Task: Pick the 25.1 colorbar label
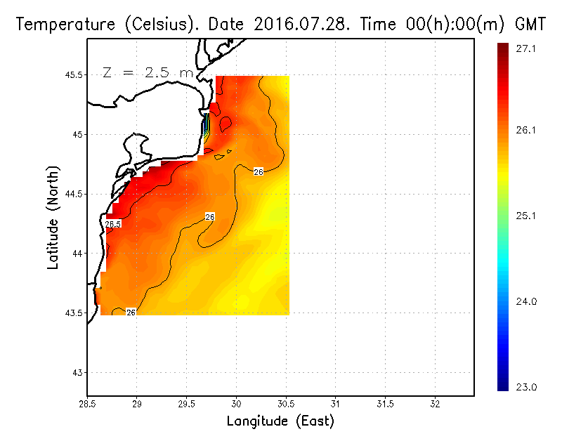point(526,216)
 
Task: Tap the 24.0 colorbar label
point(526,301)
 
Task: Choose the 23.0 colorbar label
point(526,386)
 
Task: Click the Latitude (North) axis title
point(53,218)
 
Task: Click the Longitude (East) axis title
point(280,421)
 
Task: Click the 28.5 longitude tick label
point(87,405)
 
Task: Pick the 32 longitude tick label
point(435,405)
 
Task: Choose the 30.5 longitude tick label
point(286,405)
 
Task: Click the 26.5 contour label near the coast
point(113,224)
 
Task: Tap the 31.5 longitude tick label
point(385,405)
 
